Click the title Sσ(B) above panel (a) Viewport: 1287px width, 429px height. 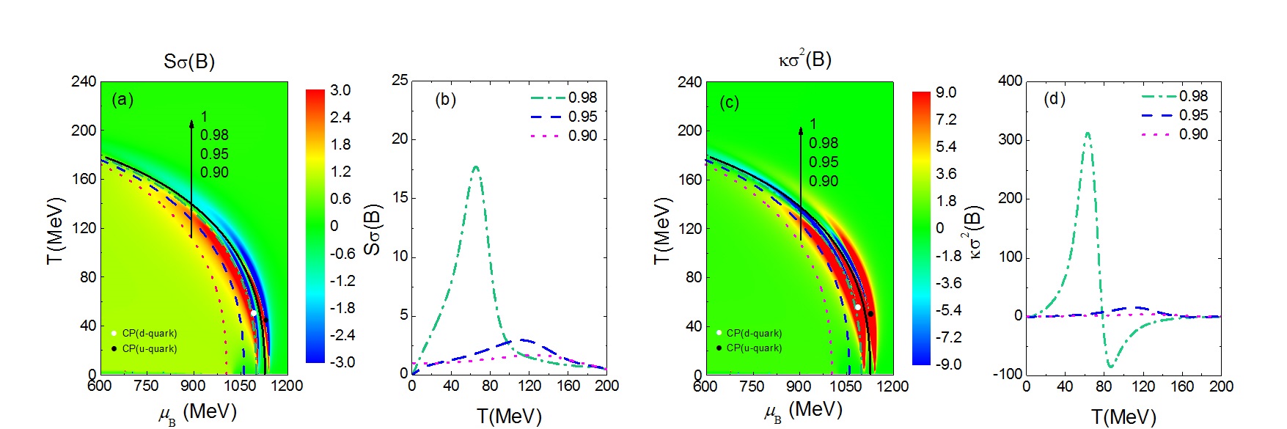(x=189, y=61)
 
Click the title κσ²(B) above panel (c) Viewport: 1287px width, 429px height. (x=804, y=59)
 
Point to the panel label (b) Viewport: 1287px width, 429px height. (x=445, y=99)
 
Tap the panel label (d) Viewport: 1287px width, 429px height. (x=1054, y=98)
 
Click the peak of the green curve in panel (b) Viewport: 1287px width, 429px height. (x=476, y=167)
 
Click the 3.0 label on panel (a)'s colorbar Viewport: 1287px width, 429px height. (x=340, y=90)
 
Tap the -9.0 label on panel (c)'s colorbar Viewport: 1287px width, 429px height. (x=948, y=364)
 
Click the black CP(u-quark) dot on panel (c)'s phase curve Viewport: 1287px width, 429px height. (x=870, y=314)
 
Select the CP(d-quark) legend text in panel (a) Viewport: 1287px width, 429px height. (x=149, y=334)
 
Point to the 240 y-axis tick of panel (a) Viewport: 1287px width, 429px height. (x=84, y=81)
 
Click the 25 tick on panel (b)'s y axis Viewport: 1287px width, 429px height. (x=399, y=80)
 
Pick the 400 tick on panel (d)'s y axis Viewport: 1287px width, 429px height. (x=1010, y=81)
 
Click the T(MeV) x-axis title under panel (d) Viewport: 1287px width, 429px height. (x=1123, y=417)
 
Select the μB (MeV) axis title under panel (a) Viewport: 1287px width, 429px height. (x=198, y=412)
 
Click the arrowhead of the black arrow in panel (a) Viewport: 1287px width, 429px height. (x=191, y=123)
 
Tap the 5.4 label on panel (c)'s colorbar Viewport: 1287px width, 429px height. (x=946, y=147)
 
